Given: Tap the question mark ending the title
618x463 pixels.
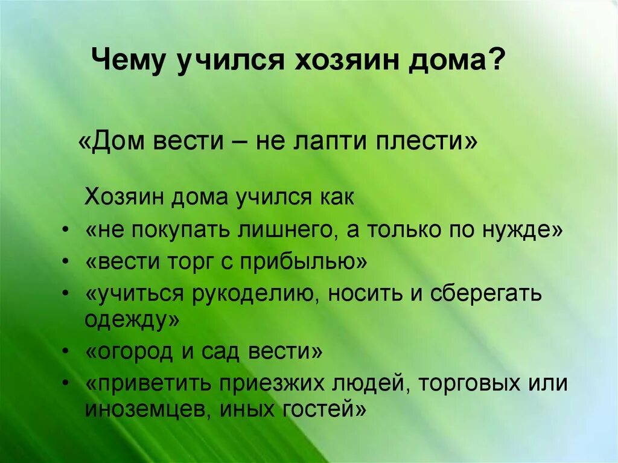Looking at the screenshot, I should point(497,61).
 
